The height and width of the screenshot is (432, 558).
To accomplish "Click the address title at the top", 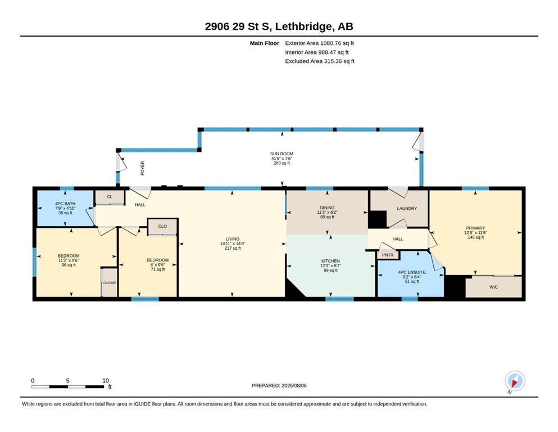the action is tap(279, 26).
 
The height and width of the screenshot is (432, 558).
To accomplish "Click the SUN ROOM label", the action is tap(282, 154).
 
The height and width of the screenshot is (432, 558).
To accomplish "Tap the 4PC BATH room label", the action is tap(65, 204).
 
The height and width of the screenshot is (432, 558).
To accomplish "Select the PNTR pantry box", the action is tap(388, 255).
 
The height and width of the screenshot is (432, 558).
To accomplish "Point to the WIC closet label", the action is tap(493, 287).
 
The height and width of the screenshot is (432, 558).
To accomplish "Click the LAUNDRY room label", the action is tap(407, 208).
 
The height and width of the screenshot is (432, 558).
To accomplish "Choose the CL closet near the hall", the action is tap(110, 197).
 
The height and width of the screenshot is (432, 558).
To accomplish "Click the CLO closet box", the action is tap(162, 227).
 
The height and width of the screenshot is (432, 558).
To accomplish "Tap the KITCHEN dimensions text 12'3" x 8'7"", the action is tap(330, 265).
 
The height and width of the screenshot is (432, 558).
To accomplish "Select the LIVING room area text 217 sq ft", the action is tap(233, 248).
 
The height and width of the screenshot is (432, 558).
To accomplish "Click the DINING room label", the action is tap(327, 208).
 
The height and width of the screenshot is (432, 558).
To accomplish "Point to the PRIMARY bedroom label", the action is tap(475, 228).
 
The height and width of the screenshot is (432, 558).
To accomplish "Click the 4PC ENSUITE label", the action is tap(412, 272).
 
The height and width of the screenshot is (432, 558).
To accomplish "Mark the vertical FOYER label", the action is tap(142, 168).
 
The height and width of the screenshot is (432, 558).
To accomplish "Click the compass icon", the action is tap(515, 381).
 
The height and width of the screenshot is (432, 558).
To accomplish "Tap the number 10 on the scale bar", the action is tap(106, 380).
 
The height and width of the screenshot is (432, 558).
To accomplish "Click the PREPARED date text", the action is tap(279, 385).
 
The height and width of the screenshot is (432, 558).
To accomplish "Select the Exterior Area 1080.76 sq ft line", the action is tap(319, 43).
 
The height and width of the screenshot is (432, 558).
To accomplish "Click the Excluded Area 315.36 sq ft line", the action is tap(320, 61).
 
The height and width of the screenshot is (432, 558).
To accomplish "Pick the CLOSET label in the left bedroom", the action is tap(110, 283).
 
